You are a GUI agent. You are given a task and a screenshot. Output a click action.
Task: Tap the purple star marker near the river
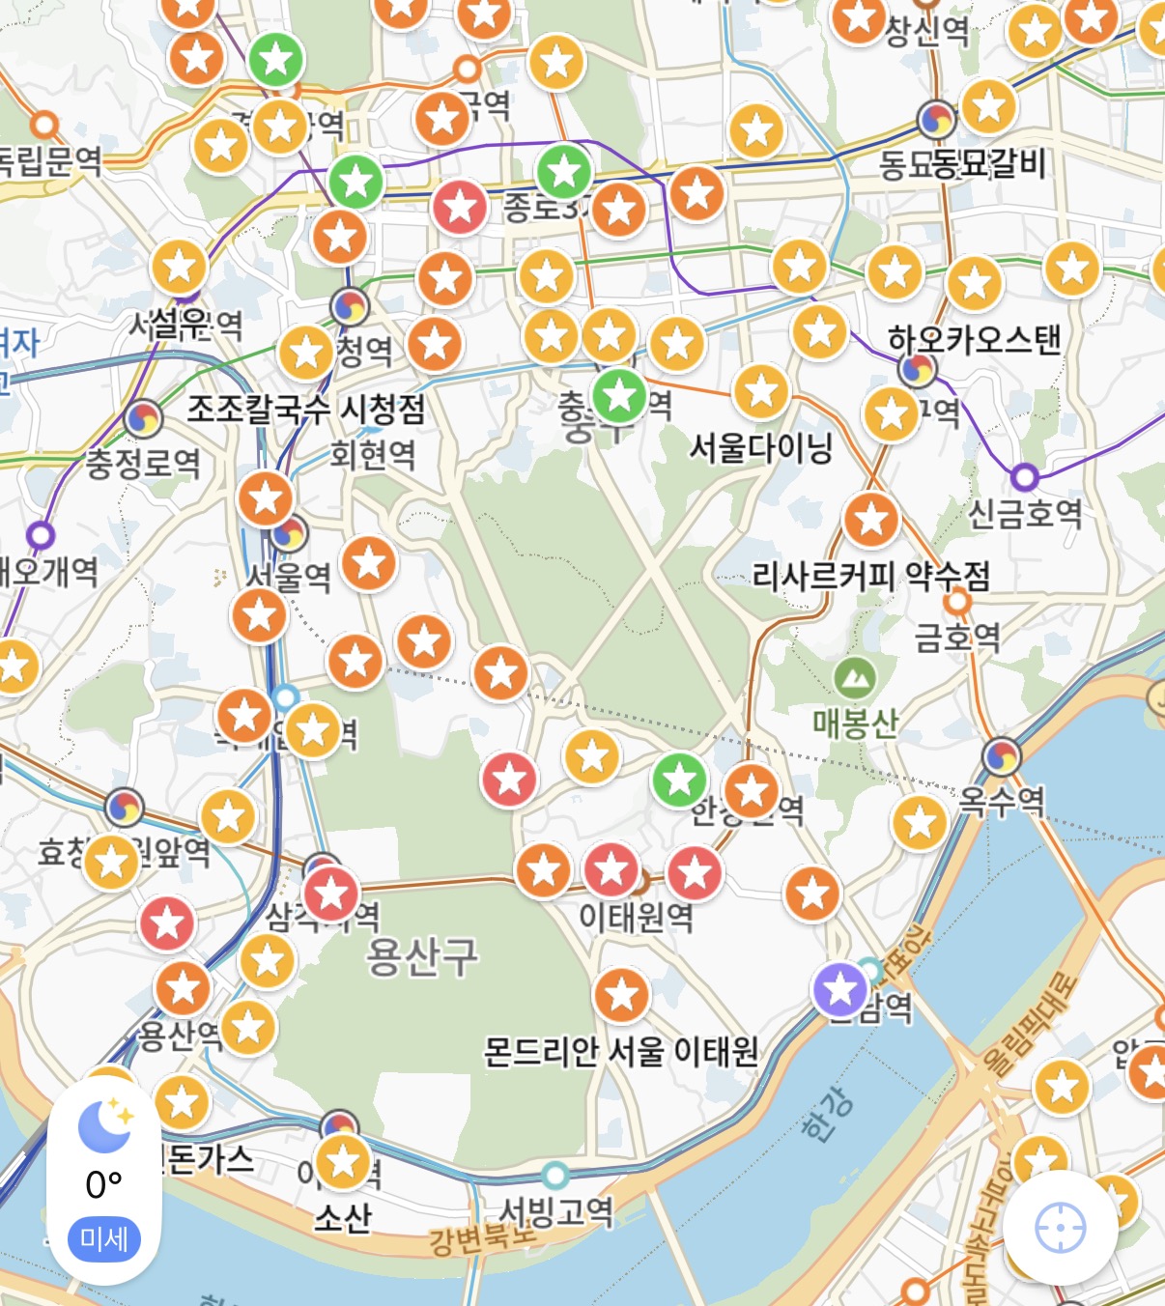[839, 989]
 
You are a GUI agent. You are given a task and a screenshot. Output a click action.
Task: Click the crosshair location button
[1060, 1229]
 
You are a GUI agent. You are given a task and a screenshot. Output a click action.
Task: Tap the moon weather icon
[104, 1126]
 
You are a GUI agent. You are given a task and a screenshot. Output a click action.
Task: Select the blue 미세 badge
[104, 1238]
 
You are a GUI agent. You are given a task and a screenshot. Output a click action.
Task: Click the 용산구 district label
[422, 956]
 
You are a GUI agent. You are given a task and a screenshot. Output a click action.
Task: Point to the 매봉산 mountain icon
[854, 679]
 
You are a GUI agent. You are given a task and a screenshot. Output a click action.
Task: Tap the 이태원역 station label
[636, 916]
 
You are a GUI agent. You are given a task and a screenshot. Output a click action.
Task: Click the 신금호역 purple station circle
[1024, 477]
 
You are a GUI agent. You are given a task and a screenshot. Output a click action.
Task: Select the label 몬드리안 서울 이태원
[621, 1051]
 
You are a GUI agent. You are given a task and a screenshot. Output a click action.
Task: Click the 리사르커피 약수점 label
[871, 577]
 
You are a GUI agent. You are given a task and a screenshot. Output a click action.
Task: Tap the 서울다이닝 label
[761, 447]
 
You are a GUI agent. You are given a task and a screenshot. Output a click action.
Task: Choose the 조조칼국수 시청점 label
[306, 410]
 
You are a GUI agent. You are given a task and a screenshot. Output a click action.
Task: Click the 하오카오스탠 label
[974, 340]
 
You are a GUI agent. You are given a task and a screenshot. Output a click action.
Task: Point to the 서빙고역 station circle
[554, 1176]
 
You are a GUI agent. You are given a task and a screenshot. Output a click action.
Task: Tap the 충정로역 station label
[143, 464]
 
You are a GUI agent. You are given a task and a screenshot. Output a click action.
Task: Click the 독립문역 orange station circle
[44, 125]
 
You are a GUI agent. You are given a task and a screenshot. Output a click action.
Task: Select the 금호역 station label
[957, 637]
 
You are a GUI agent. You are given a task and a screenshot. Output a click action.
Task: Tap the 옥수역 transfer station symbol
[1002, 756]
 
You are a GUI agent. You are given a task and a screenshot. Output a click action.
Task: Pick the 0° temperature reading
[104, 1184]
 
